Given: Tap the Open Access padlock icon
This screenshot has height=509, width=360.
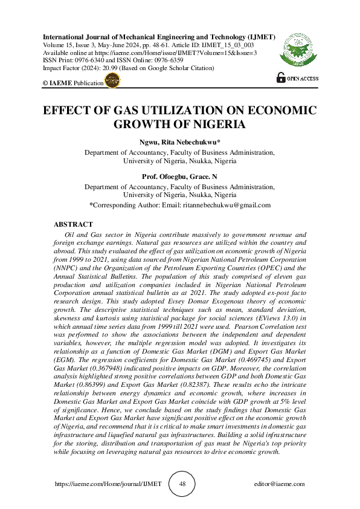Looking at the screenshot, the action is point(281,77).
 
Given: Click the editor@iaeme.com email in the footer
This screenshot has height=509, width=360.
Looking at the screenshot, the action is point(280,485).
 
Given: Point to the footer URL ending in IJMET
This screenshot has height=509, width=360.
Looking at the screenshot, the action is point(109,485).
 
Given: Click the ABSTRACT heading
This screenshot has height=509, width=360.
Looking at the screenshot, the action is point(73,224).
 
